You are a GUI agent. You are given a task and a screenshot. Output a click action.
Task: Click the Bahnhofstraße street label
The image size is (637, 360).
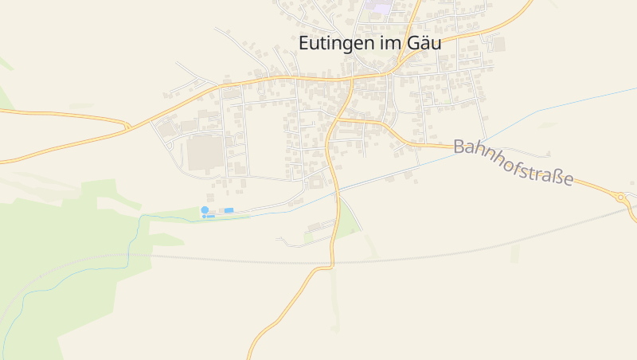tap(513, 162)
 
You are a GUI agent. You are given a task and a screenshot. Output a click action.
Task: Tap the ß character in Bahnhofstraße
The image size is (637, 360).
tap(556, 176)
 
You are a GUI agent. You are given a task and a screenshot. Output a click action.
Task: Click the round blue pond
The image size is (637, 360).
tap(205, 209)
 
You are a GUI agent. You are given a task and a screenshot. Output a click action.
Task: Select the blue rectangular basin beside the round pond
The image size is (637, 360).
tap(229, 210)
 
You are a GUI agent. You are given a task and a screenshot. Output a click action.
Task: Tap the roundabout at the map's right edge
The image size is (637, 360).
tap(620, 196)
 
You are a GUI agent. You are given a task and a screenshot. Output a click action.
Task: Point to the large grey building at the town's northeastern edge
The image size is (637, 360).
tap(498, 44)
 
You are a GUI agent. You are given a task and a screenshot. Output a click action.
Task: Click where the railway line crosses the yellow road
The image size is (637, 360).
tap(333, 260)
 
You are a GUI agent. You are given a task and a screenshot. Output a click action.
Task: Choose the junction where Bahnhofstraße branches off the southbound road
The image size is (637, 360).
tap(340, 119)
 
